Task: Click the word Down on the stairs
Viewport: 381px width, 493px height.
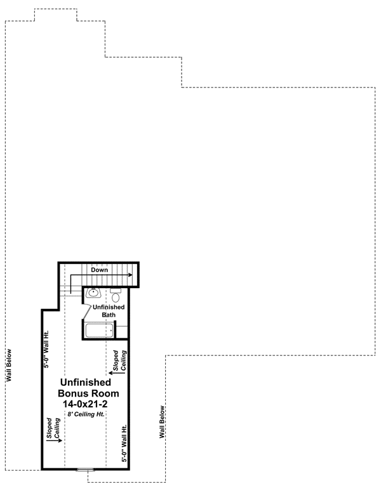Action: (98, 270)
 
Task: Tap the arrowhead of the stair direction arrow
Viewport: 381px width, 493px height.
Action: (130, 275)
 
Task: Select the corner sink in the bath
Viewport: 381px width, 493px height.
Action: (93, 293)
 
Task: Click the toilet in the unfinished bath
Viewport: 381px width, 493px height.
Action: (115, 296)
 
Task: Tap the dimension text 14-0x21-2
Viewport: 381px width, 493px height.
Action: (86, 404)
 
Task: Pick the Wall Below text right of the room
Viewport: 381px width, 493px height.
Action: (163, 423)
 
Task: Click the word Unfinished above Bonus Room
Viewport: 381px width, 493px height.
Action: (86, 383)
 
